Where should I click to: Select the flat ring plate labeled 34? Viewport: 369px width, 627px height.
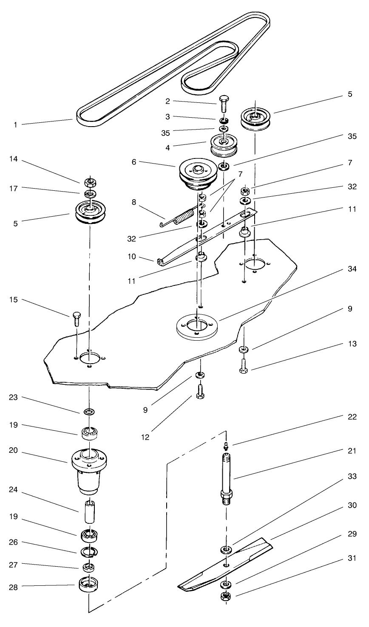pyautogui.click(x=196, y=326)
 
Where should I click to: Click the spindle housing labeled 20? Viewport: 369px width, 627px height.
pyautogui.click(x=89, y=469)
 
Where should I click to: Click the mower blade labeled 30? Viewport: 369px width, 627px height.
pyautogui.click(x=221, y=564)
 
